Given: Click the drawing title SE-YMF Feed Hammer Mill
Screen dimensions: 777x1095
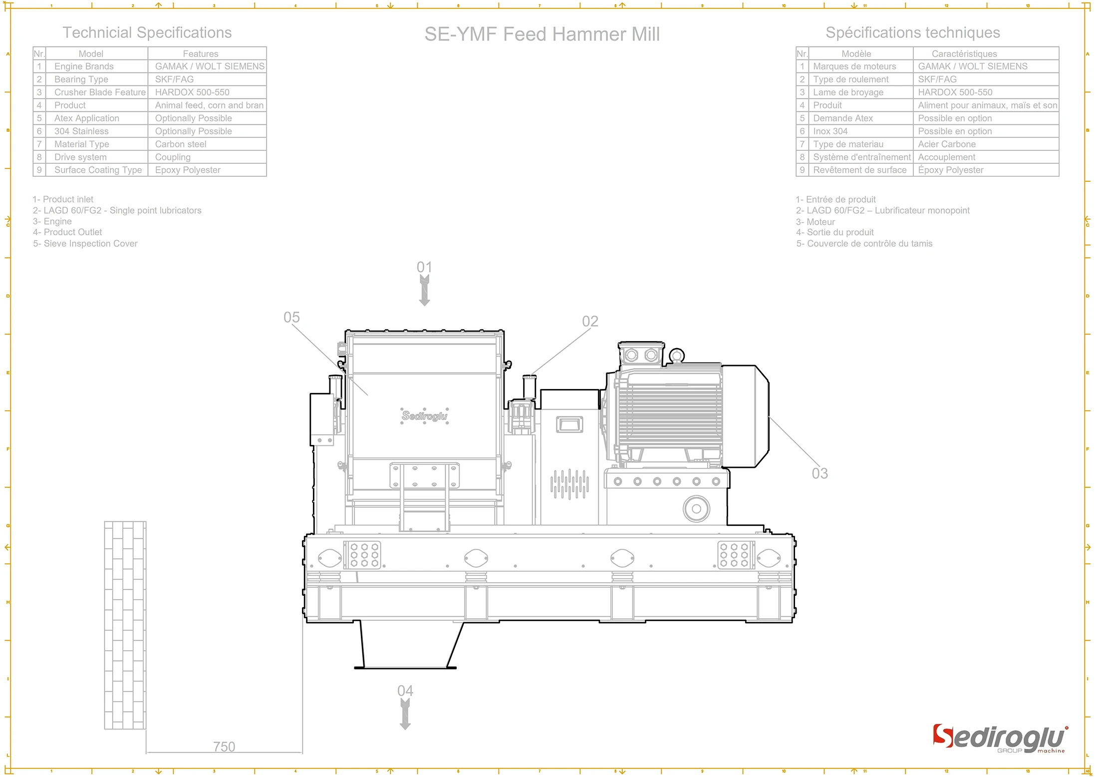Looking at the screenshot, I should click(x=542, y=34).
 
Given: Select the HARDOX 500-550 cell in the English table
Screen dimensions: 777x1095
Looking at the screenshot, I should click(x=192, y=92).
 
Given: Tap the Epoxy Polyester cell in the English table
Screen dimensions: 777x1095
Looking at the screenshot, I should click(x=188, y=170).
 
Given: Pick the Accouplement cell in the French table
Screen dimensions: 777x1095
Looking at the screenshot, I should click(x=946, y=157).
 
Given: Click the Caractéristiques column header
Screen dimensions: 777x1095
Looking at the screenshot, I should click(x=964, y=54).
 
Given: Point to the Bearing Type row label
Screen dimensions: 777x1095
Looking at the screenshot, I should click(x=81, y=79).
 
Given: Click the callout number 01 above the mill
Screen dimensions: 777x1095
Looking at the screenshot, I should click(x=424, y=267).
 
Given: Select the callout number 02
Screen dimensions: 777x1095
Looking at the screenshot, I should click(x=590, y=321).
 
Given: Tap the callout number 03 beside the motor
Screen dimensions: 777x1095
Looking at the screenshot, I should click(x=820, y=473).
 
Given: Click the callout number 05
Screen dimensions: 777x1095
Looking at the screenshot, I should click(x=291, y=318).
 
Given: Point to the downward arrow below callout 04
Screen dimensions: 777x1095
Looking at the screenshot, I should click(x=405, y=715).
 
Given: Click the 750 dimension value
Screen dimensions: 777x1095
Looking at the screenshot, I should click(x=224, y=747).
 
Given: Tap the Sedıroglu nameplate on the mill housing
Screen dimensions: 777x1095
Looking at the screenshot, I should click(x=425, y=415).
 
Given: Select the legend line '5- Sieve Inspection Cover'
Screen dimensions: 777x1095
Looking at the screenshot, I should click(x=85, y=244).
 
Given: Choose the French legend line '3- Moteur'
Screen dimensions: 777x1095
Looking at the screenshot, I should click(x=816, y=222).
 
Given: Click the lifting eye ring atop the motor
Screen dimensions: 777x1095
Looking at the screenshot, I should click(x=676, y=356).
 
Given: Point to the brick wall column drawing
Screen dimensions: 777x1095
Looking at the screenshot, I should click(x=125, y=625).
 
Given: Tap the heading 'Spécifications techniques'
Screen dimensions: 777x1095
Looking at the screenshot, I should click(x=912, y=33).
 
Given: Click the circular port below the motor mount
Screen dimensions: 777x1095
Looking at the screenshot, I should click(x=696, y=509).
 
